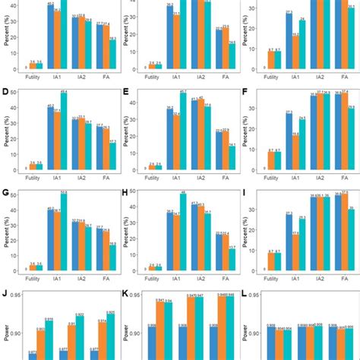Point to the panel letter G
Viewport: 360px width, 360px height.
pos(6,194)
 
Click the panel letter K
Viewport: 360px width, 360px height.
pos(126,292)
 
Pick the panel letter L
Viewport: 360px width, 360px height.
pos(245,292)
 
